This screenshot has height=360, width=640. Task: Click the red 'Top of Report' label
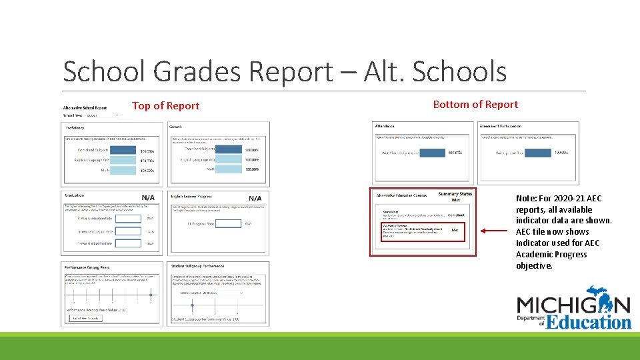click(x=165, y=106)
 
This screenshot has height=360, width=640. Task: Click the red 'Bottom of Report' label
click(x=475, y=105)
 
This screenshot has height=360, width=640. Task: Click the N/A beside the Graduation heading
click(x=149, y=198)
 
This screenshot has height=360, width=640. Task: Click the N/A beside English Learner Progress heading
click(x=255, y=198)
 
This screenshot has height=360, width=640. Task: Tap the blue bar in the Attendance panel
click(x=424, y=153)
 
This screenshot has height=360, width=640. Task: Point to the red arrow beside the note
click(x=497, y=231)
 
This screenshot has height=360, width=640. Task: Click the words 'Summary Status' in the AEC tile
click(x=455, y=194)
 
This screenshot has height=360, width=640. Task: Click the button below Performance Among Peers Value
click(x=85, y=318)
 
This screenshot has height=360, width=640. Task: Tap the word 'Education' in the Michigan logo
click(x=589, y=323)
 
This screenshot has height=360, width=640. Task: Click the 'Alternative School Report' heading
click(x=85, y=107)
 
